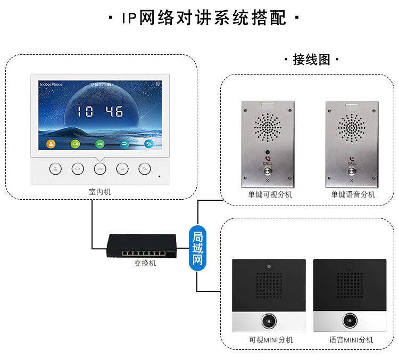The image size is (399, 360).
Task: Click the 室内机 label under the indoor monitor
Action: click(x=100, y=191)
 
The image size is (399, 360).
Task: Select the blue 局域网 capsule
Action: click(x=198, y=249)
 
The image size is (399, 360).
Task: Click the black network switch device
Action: click(x=141, y=246)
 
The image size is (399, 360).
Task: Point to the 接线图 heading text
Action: click(x=312, y=60)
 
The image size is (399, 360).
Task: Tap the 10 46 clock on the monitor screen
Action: click(x=99, y=111)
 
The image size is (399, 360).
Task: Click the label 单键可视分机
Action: click(x=270, y=194)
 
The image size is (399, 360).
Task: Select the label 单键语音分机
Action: click(x=353, y=194)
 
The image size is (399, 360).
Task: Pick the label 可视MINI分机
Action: click(x=270, y=340)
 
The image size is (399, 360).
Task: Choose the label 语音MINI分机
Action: click(x=351, y=340)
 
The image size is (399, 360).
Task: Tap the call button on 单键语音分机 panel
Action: click(x=352, y=172)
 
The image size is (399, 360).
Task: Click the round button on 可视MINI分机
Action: click(x=269, y=321)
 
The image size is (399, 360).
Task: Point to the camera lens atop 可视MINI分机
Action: click(x=269, y=265)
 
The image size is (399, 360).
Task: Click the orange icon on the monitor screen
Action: click(x=51, y=144)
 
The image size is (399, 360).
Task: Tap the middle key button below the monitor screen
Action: click(x=100, y=169)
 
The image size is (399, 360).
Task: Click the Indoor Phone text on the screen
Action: click(x=51, y=85)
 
